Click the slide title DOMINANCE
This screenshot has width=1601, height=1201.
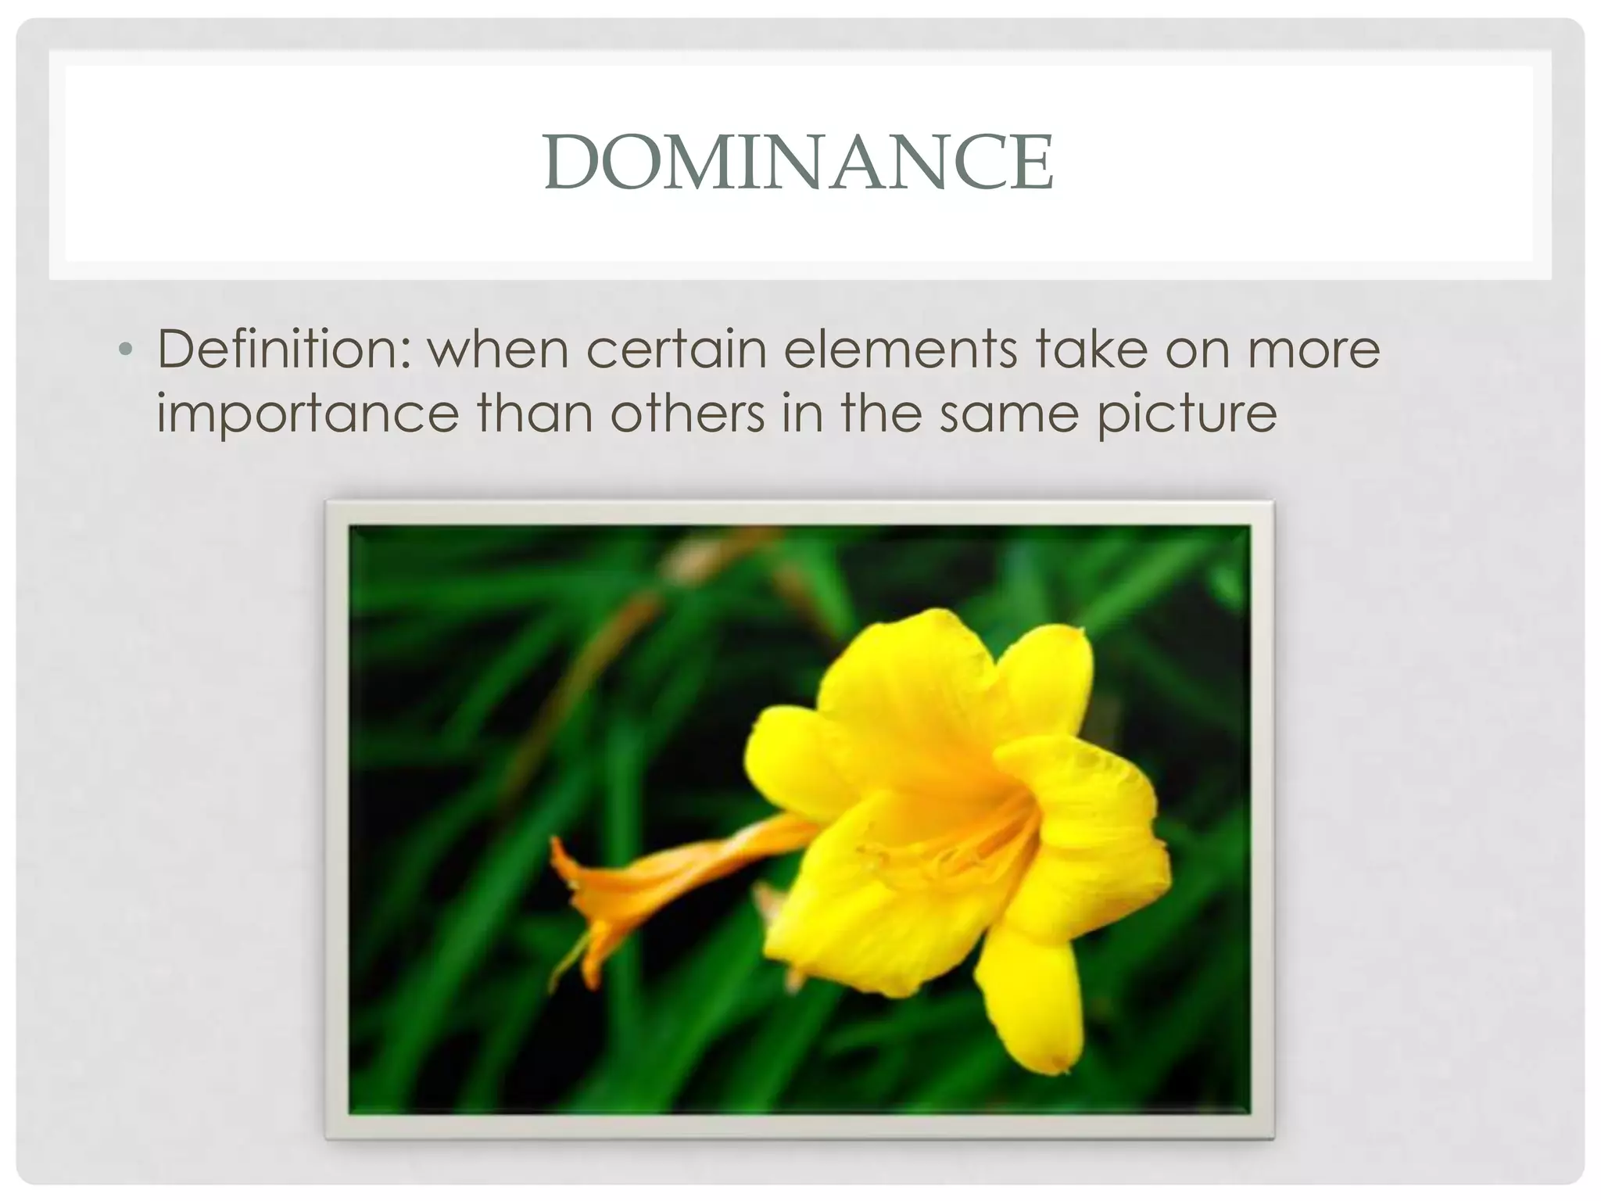point(799,163)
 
